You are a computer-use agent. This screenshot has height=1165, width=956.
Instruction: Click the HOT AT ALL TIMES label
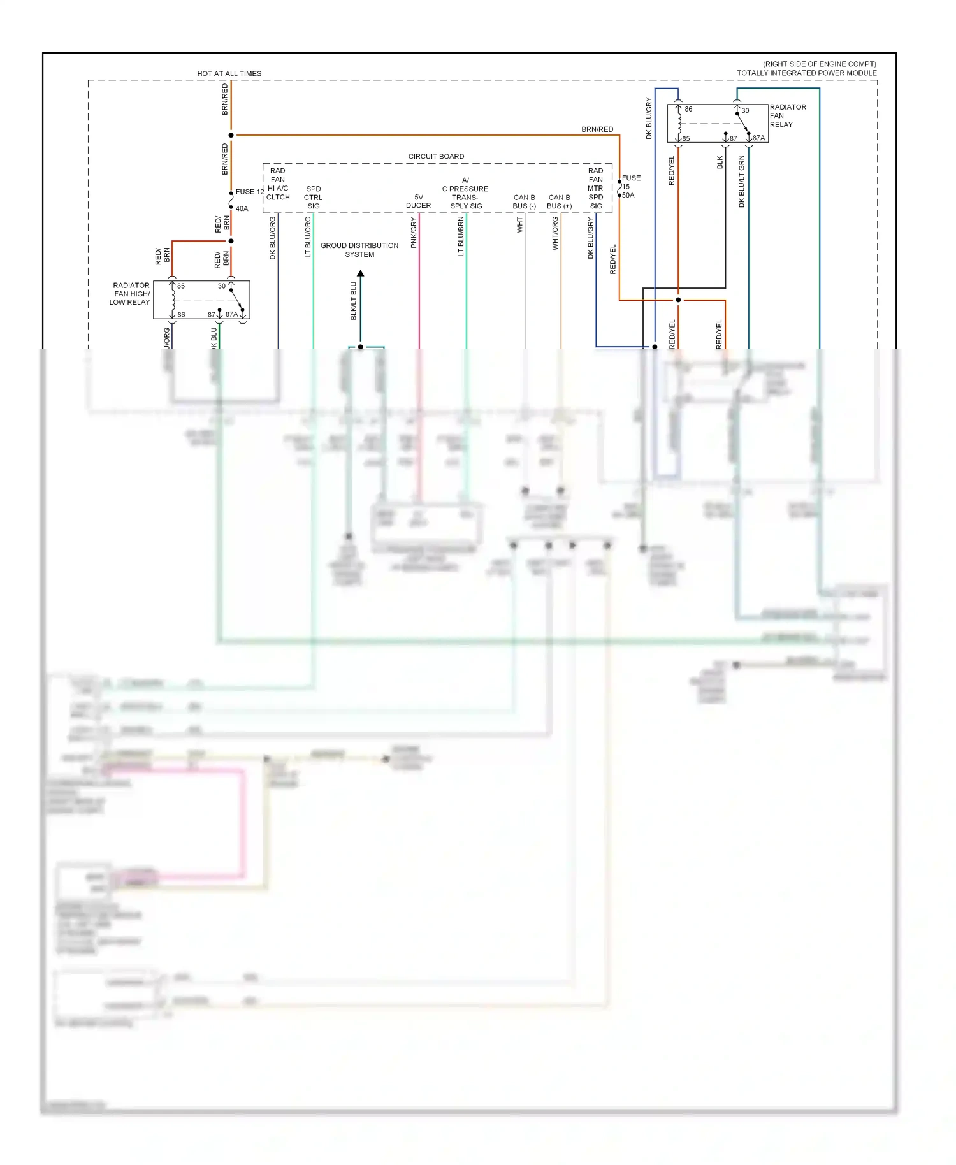[229, 73]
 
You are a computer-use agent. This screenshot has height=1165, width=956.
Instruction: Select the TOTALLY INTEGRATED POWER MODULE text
[806, 73]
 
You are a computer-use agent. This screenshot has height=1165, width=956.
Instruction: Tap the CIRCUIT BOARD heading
[436, 156]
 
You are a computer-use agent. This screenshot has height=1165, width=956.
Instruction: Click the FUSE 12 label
[249, 191]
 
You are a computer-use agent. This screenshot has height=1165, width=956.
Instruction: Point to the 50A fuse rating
[628, 196]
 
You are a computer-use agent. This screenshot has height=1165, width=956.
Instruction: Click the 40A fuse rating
[242, 208]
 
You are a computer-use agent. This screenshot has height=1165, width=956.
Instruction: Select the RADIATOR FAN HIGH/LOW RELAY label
[131, 294]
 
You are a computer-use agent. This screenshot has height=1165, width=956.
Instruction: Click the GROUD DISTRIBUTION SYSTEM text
[359, 250]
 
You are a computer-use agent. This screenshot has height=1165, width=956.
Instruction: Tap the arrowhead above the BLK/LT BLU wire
[360, 273]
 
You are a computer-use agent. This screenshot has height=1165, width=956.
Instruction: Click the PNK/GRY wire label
[414, 232]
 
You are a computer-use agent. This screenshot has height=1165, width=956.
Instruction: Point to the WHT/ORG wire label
[555, 233]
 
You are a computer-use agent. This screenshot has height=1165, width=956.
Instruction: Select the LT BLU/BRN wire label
[461, 236]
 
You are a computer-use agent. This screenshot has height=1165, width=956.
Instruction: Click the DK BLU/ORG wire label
[273, 238]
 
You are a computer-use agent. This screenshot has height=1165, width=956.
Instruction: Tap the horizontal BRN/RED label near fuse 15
[597, 129]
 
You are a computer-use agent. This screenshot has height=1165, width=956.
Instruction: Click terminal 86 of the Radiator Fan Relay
[688, 109]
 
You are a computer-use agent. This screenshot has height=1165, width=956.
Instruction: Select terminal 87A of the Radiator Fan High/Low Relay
[231, 314]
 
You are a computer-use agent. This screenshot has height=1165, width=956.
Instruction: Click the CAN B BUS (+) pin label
[559, 201]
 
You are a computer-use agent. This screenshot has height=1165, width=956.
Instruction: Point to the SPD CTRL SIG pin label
[313, 198]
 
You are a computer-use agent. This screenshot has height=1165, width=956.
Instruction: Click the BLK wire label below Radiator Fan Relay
[720, 162]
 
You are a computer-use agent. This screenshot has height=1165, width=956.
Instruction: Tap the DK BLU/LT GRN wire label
[741, 182]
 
